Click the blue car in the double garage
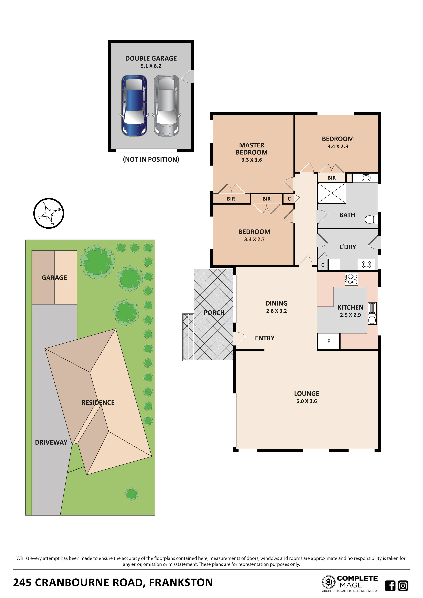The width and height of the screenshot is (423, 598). (134, 106)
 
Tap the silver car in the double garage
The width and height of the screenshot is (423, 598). (166, 106)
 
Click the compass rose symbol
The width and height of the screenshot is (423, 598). (49, 213)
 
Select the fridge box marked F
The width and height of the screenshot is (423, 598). (328, 341)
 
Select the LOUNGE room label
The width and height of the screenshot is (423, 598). (307, 394)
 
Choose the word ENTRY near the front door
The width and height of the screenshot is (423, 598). (265, 338)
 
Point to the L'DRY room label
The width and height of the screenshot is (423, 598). (348, 247)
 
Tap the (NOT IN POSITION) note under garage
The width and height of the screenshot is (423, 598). (151, 159)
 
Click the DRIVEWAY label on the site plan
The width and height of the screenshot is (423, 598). (51, 442)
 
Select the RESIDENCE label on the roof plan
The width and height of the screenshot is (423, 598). (98, 402)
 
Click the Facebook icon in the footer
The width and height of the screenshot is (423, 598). (390, 586)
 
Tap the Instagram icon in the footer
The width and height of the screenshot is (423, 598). (403, 586)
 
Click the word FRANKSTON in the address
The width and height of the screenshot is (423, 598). (181, 582)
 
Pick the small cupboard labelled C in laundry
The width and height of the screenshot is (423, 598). (323, 265)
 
